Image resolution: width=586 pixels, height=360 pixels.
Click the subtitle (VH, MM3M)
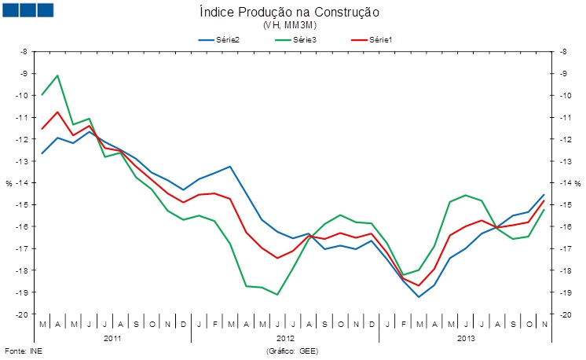point(290,25)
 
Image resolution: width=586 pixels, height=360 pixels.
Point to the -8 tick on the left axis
point(24,52)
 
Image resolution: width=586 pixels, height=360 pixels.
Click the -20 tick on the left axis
point(23,314)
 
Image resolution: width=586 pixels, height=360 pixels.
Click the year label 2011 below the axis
point(112,339)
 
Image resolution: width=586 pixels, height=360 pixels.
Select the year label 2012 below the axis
point(284,339)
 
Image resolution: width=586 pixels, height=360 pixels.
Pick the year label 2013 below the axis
point(466,339)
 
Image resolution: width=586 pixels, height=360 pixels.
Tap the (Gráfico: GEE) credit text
point(292,351)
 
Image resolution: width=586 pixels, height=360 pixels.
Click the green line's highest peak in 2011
point(57,75)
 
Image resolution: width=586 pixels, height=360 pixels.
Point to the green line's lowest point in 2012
point(277,295)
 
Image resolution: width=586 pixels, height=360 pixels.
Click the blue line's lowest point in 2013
point(419,297)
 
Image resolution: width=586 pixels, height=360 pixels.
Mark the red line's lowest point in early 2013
point(419,285)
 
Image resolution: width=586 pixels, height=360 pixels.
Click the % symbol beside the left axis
point(9,183)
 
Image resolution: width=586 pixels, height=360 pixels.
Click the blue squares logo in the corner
point(27,9)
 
